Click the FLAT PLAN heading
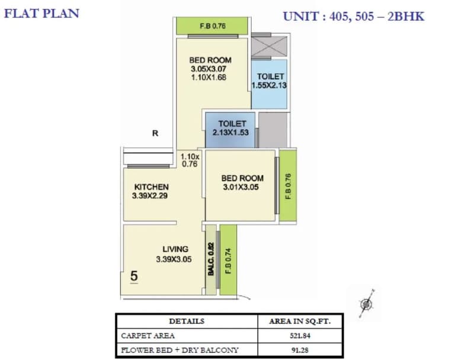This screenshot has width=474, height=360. [x=41, y=14]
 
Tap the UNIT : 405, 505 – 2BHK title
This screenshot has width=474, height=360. [x=354, y=17]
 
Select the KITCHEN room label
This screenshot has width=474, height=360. [x=151, y=187]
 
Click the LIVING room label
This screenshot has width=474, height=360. [x=175, y=249]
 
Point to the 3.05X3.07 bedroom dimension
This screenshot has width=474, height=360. [x=209, y=69]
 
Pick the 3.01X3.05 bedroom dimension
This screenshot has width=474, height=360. [x=241, y=187]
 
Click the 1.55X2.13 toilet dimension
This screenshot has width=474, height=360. [x=269, y=85]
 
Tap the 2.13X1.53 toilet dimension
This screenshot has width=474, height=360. [x=230, y=132]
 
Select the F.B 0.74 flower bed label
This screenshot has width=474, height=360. [x=228, y=261]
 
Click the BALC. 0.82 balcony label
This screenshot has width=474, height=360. [x=211, y=259]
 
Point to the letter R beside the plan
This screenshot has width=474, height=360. [x=155, y=133]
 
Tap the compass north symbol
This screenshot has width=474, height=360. [x=367, y=304]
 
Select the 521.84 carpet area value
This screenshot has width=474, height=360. [x=300, y=336]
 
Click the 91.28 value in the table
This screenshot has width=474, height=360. [x=300, y=350]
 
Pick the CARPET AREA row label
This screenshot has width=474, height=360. [x=148, y=336]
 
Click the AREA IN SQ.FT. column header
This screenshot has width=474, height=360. [x=300, y=321]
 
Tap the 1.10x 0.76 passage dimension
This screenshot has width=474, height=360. [x=190, y=160]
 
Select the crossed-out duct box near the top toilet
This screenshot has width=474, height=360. [x=269, y=47]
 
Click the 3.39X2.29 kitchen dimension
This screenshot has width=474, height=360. [x=150, y=196]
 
